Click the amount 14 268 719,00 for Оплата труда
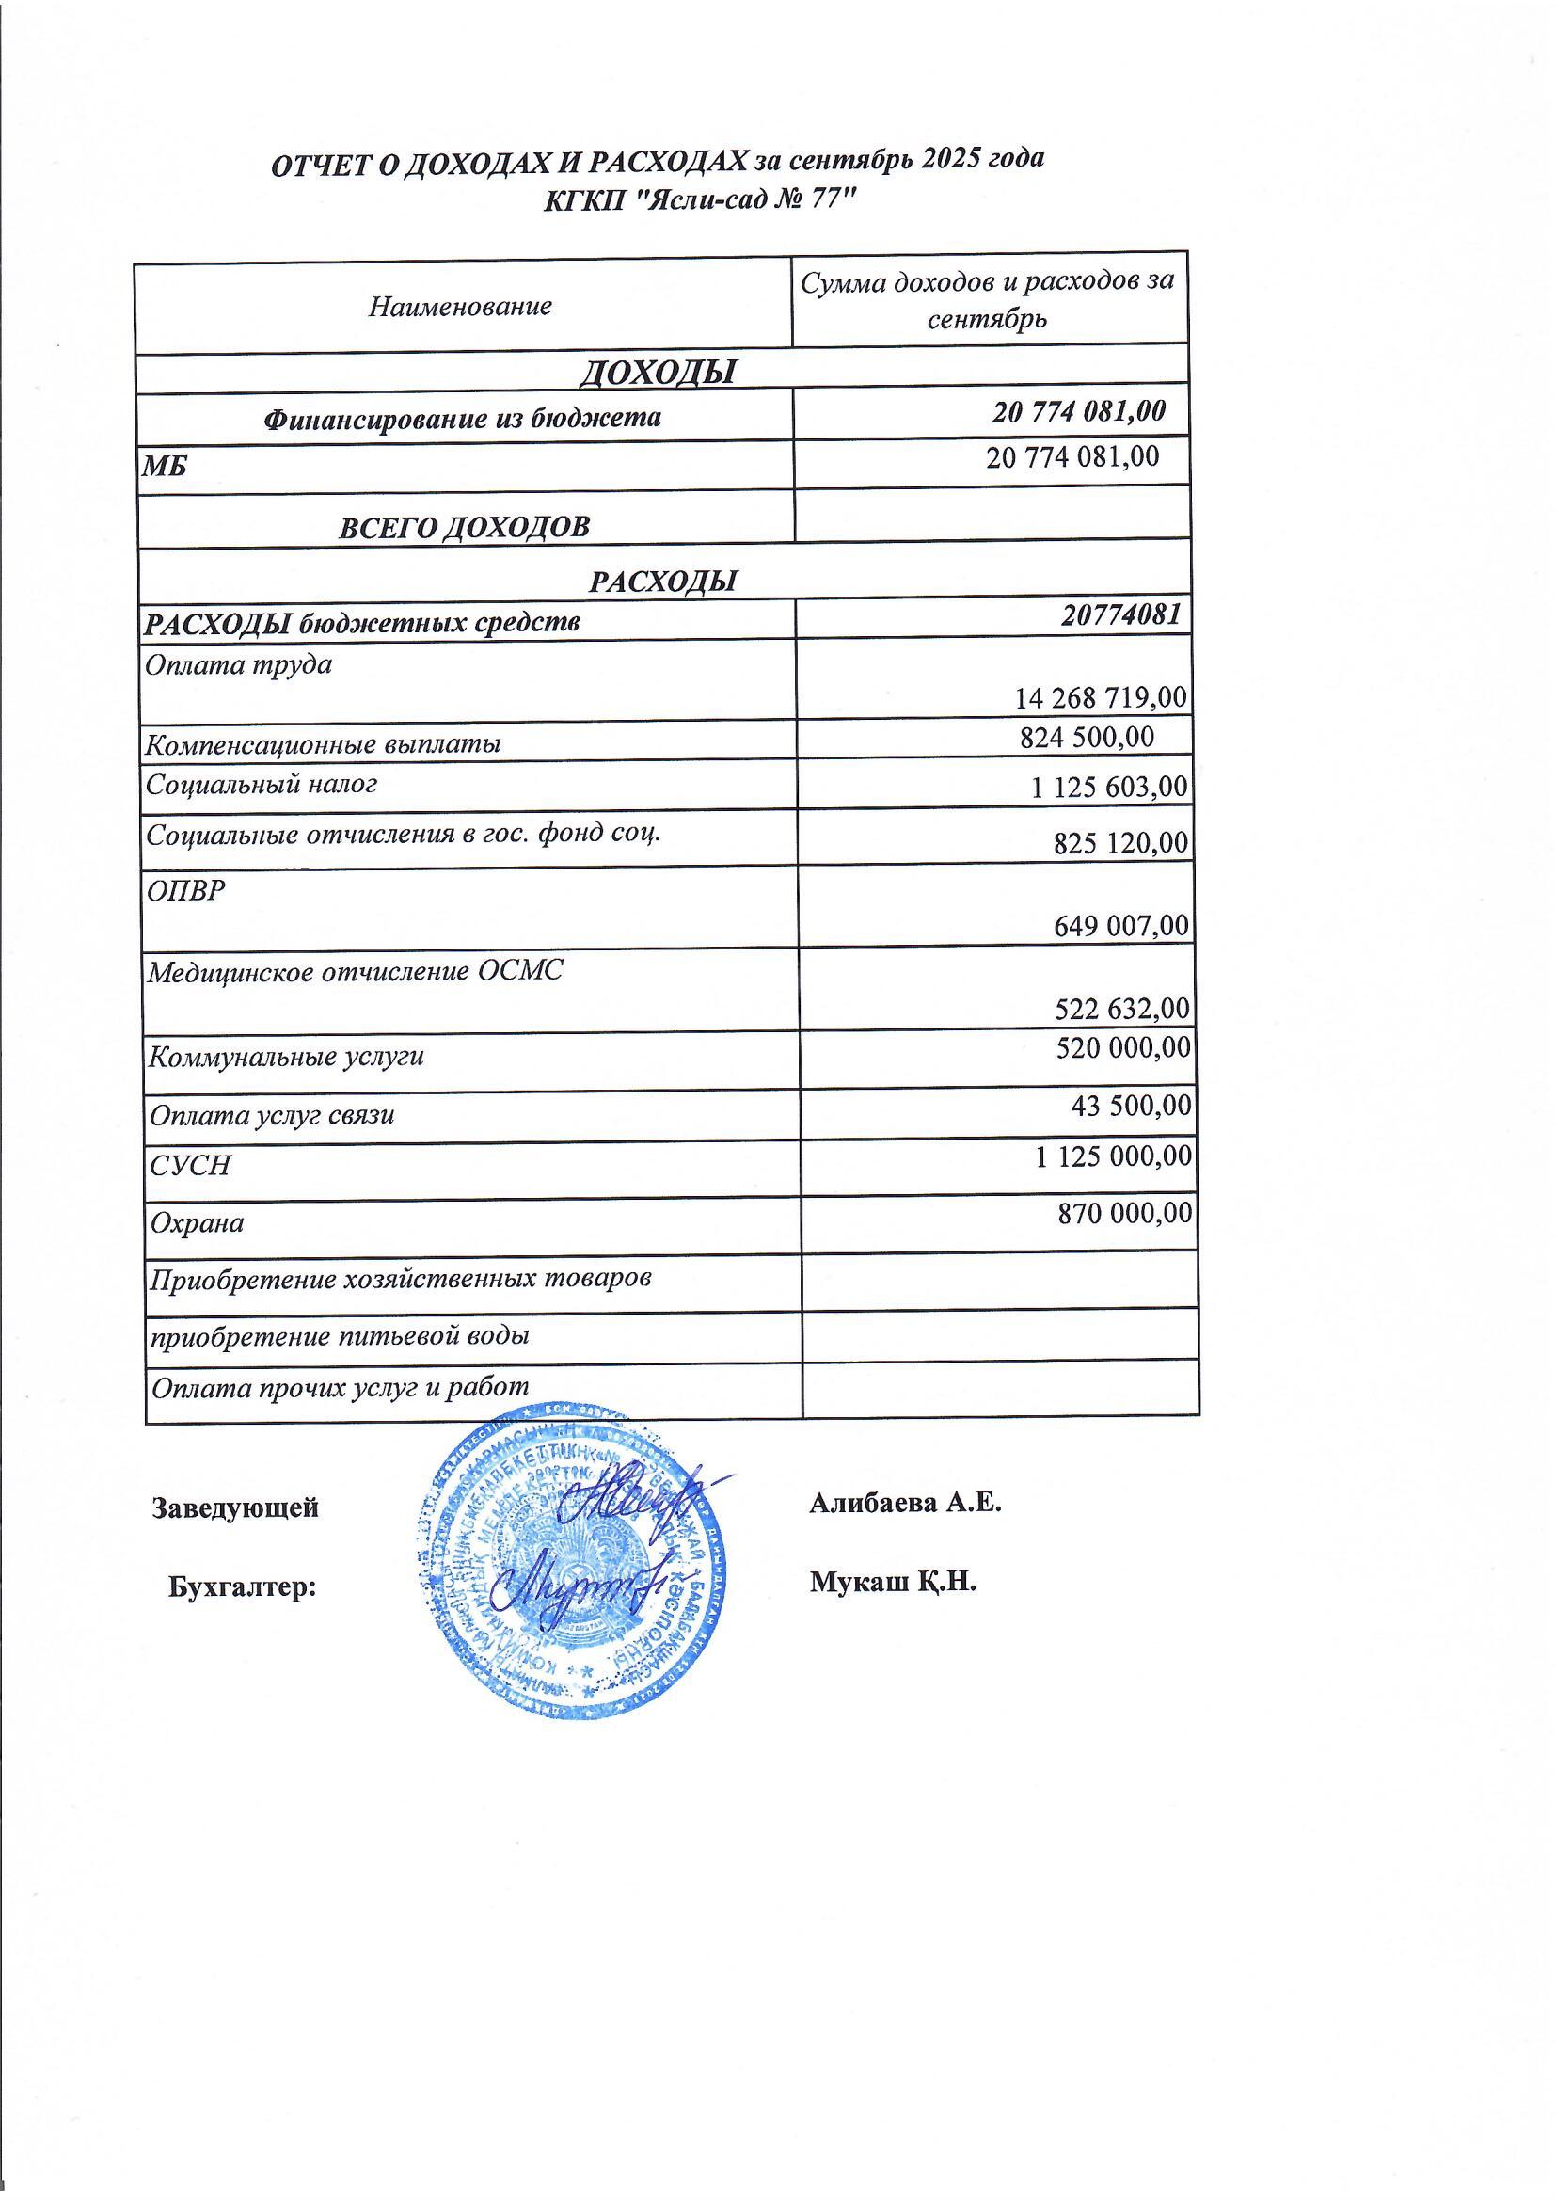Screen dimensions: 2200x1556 click(x=1100, y=697)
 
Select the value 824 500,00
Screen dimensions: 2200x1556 click(x=1087, y=737)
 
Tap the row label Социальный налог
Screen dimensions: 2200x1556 click(x=261, y=785)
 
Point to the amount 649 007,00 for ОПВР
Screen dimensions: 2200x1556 click(x=1121, y=926)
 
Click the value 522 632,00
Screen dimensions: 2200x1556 click(x=1122, y=1008)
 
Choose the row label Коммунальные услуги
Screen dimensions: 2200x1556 click(x=286, y=1058)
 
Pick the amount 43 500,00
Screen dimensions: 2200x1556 click(x=1131, y=1105)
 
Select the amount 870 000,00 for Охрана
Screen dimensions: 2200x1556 click(x=1125, y=1213)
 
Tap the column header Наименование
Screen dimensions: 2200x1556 click(x=460, y=307)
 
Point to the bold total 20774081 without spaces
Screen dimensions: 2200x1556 click(x=1120, y=614)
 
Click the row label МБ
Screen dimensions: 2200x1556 click(x=165, y=468)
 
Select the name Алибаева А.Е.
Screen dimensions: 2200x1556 click(x=905, y=1502)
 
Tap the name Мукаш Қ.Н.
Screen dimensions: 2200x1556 click(x=892, y=1581)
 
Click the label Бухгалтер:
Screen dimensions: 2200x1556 click(x=243, y=1586)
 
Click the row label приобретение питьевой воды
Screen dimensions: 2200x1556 click(x=341, y=1336)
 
